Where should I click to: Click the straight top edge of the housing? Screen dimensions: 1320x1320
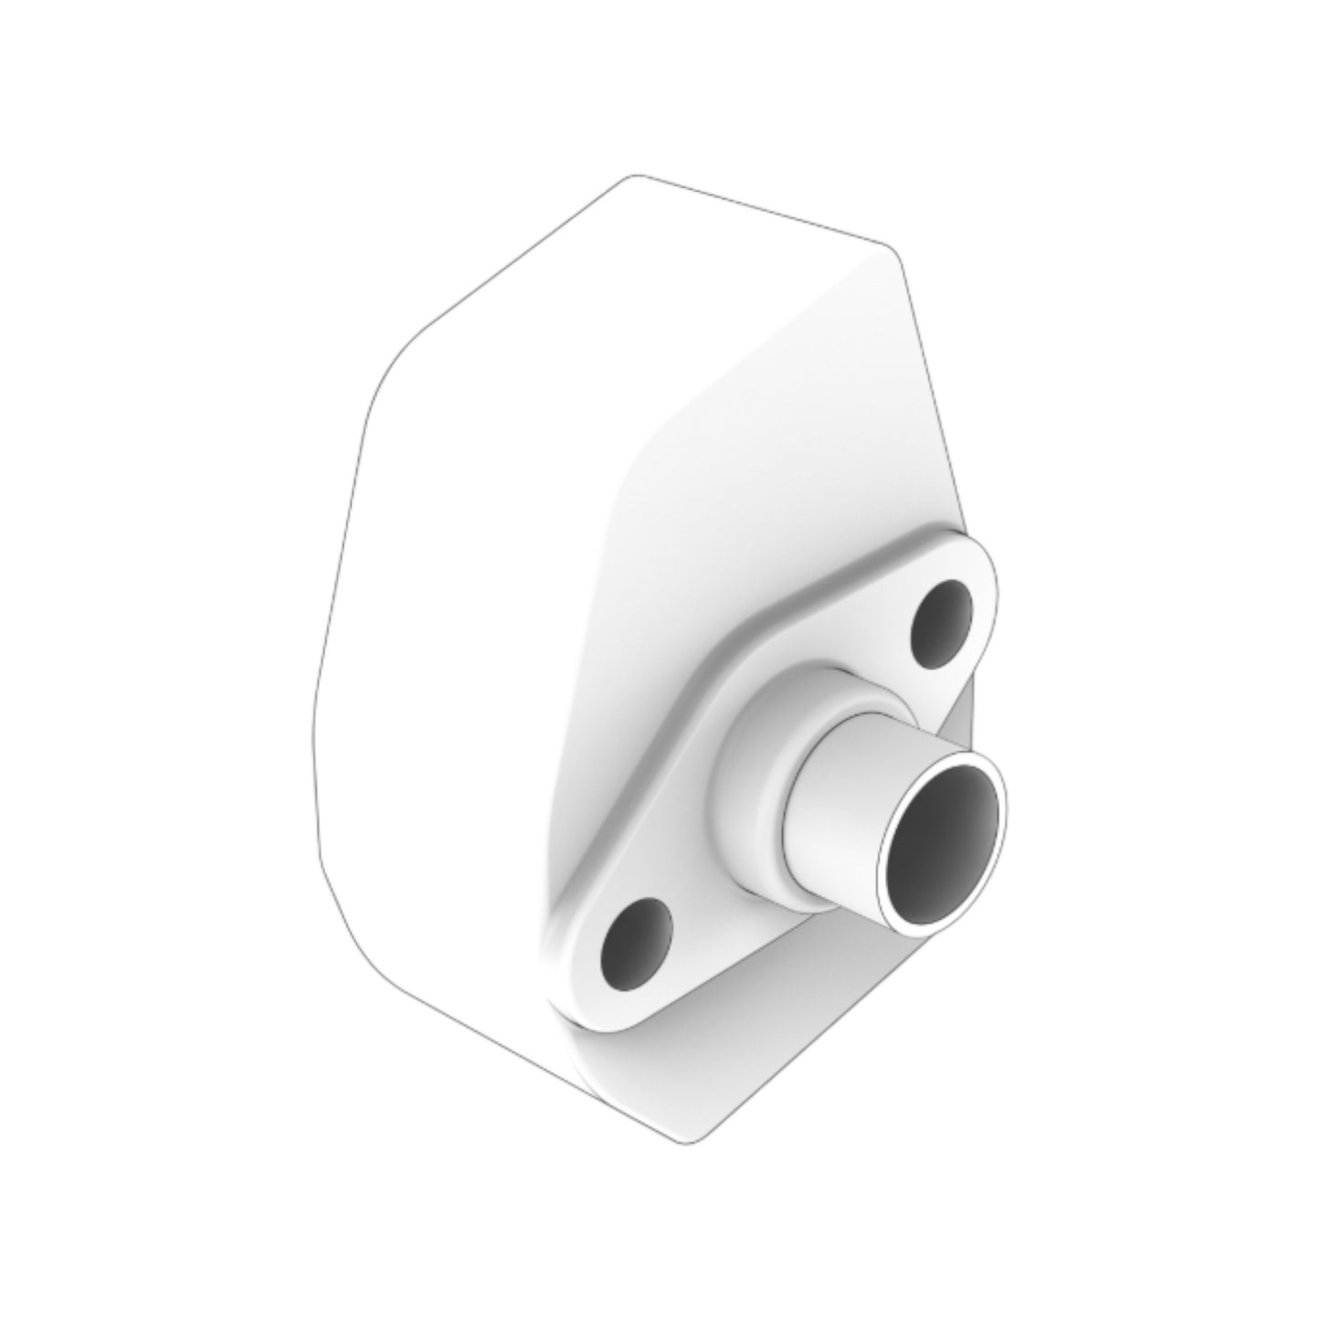pos(758,210)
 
